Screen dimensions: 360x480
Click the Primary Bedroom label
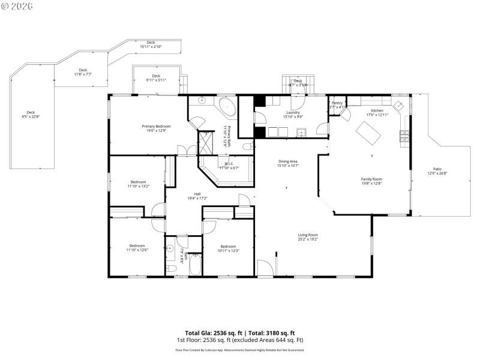click(156, 126)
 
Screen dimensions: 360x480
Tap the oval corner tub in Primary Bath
click(227, 108)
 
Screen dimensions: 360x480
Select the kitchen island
click(369, 133)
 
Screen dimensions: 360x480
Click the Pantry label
click(337, 103)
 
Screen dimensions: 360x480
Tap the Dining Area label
click(288, 161)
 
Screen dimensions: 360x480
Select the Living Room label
click(308, 235)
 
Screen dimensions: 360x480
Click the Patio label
click(437, 169)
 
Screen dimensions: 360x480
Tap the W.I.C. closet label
click(229, 164)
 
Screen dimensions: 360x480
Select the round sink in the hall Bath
click(170, 247)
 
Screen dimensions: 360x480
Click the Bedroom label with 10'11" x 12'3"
click(228, 247)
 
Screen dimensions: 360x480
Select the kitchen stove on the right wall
click(404, 137)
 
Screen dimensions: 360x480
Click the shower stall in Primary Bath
click(206, 143)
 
